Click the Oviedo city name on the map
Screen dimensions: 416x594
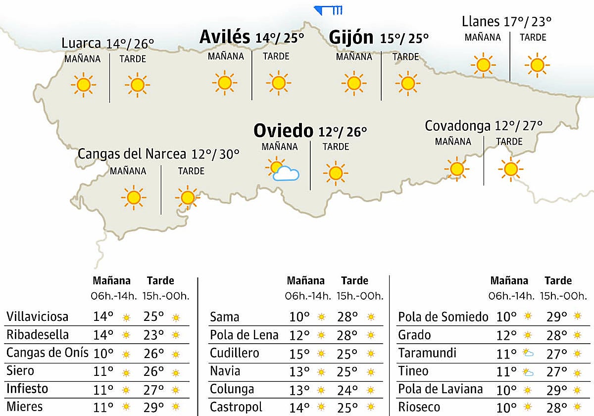tap(283, 131)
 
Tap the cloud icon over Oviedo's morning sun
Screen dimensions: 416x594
tap(286, 174)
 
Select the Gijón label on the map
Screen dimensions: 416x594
tap(351, 38)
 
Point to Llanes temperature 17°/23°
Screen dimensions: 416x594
tap(527, 22)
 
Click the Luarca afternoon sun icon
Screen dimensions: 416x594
tap(137, 85)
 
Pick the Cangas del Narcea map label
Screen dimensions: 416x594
tap(132, 154)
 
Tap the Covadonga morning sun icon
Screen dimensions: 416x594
tap(456, 168)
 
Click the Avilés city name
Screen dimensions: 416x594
tap(224, 37)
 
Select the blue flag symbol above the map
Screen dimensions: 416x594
tap(328, 10)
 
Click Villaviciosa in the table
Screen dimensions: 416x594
tap(38, 316)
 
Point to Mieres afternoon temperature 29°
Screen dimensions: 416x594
tap(154, 407)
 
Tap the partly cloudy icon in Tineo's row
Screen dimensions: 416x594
tap(528, 372)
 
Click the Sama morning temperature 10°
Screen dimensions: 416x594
tap(300, 317)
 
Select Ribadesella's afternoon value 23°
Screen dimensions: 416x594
tap(154, 335)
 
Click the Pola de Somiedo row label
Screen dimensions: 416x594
tap(443, 317)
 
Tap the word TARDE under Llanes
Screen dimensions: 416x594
tap(533, 37)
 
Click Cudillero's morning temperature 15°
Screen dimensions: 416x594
tap(300, 353)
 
